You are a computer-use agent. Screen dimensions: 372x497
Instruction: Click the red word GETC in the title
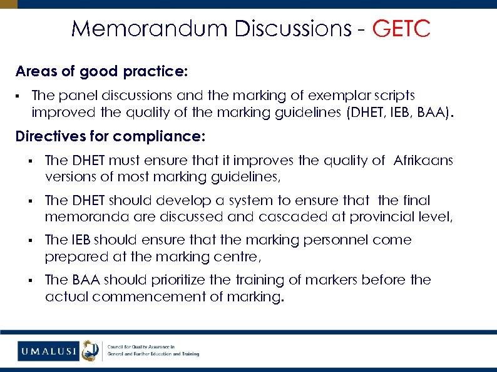(x=401, y=29)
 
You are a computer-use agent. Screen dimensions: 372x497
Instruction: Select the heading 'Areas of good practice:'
(x=101, y=72)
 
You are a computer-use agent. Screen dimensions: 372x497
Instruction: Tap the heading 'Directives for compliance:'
(x=110, y=136)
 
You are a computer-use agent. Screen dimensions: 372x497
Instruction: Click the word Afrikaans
(x=423, y=161)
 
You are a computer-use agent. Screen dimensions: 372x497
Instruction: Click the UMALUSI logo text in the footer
(x=48, y=351)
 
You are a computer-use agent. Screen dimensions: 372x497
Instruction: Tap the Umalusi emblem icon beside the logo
(x=91, y=351)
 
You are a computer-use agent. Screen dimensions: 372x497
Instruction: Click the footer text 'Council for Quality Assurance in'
(x=141, y=346)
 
